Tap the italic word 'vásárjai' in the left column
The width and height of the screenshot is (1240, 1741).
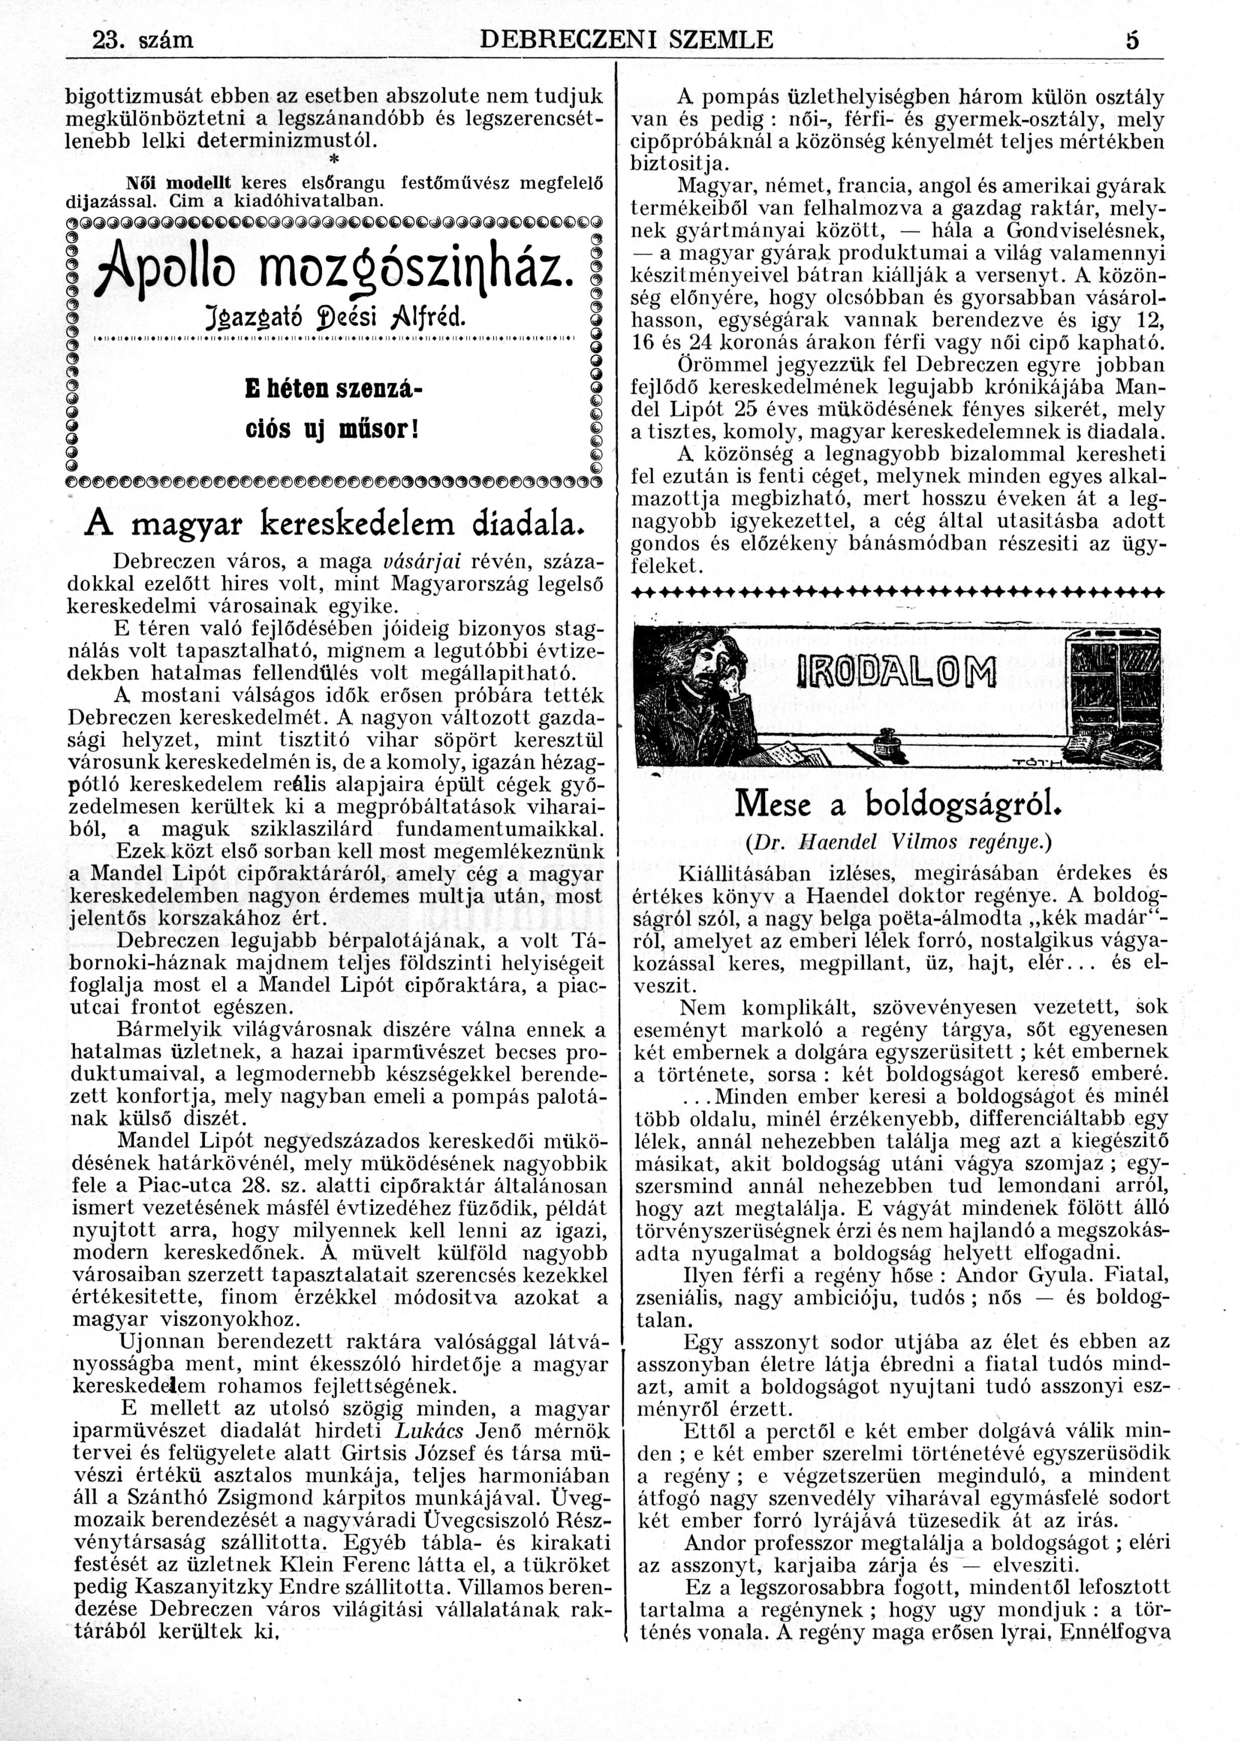(420, 561)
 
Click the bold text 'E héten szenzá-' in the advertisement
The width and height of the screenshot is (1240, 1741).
(334, 388)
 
